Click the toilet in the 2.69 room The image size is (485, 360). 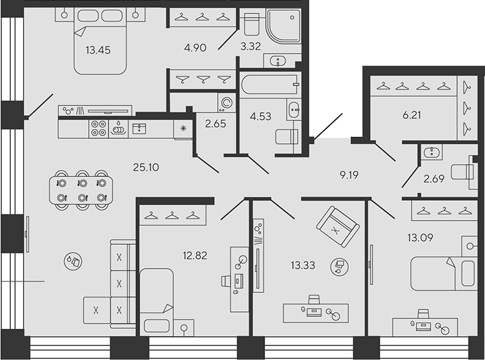pyautogui.click(x=463, y=171)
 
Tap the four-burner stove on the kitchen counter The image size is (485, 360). pyautogui.click(x=98, y=129)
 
